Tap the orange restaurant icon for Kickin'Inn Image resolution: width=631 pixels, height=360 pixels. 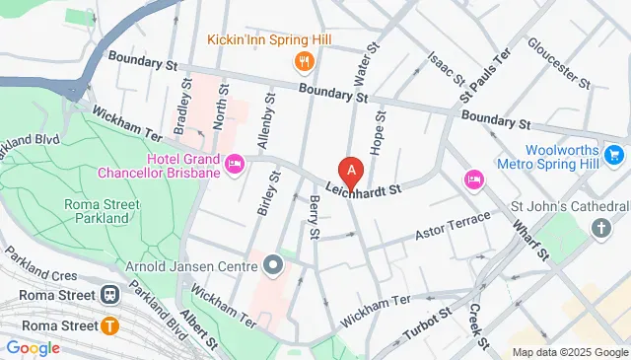point(304,62)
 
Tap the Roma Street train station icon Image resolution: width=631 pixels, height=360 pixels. point(110,295)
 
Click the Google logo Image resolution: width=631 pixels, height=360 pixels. point(33,347)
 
